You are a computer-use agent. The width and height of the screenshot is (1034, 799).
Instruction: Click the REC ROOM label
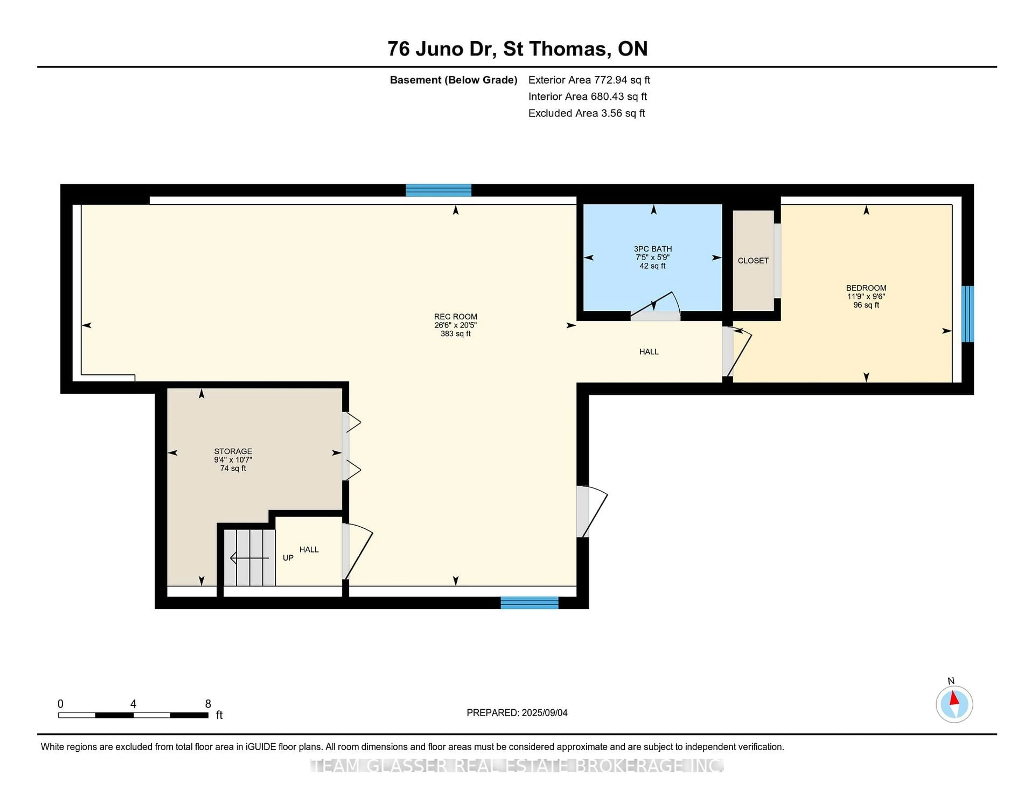455,317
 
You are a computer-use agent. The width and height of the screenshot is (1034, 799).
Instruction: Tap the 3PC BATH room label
653,249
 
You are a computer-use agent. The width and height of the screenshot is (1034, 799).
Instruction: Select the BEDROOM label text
866,288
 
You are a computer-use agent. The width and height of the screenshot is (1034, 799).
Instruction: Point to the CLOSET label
753,261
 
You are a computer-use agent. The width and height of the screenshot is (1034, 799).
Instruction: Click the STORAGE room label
233,451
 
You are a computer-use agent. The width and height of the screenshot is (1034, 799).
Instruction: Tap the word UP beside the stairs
288,558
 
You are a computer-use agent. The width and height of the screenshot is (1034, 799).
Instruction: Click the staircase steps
250,558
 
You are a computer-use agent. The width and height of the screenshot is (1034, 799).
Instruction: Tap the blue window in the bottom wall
530,602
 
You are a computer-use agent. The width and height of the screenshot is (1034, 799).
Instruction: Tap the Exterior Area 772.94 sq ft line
589,80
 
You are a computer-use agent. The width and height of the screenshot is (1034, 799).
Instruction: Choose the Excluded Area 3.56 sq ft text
586,113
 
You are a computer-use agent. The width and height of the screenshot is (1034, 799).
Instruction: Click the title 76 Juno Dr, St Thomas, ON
518,49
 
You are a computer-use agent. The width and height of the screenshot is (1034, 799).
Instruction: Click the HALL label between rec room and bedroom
649,352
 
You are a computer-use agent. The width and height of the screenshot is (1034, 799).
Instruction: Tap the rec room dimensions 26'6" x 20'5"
455,325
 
